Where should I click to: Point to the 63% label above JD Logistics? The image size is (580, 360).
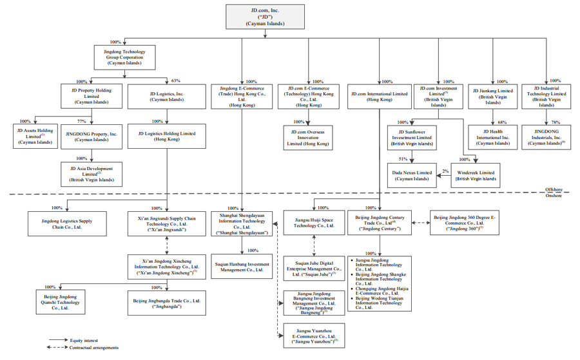pyautogui.click(x=175, y=81)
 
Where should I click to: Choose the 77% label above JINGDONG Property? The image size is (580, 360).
pyautogui.click(x=81, y=121)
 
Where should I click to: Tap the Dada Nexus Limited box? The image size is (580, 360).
pyautogui.click(x=412, y=176)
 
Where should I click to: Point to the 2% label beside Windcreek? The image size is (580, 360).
pyautogui.click(x=444, y=171)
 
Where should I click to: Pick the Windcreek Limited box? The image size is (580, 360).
pyautogui.click(x=476, y=176)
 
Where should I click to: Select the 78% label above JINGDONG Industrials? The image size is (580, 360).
pyautogui.click(x=556, y=122)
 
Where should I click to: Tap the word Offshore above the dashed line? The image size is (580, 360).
pyautogui.click(x=553, y=189)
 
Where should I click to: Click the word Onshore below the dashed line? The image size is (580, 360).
pyautogui.click(x=553, y=196)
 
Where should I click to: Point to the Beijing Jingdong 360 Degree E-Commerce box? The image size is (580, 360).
pyautogui.click(x=464, y=223)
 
